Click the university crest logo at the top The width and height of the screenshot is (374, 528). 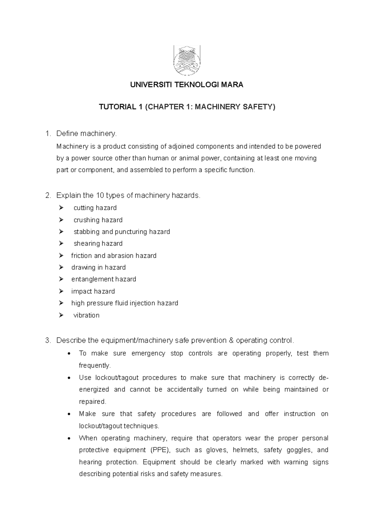tap(187, 60)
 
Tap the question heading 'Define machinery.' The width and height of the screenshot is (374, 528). tap(86, 134)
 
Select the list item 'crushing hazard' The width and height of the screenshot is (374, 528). tap(98, 220)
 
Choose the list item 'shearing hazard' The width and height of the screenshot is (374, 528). tap(98, 244)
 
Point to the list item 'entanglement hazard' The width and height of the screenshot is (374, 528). tap(104, 279)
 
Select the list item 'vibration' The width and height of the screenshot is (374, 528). tap(86, 315)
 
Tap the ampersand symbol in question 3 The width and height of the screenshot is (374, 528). tap(231, 341)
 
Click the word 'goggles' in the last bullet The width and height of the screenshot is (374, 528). tap(299, 450)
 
